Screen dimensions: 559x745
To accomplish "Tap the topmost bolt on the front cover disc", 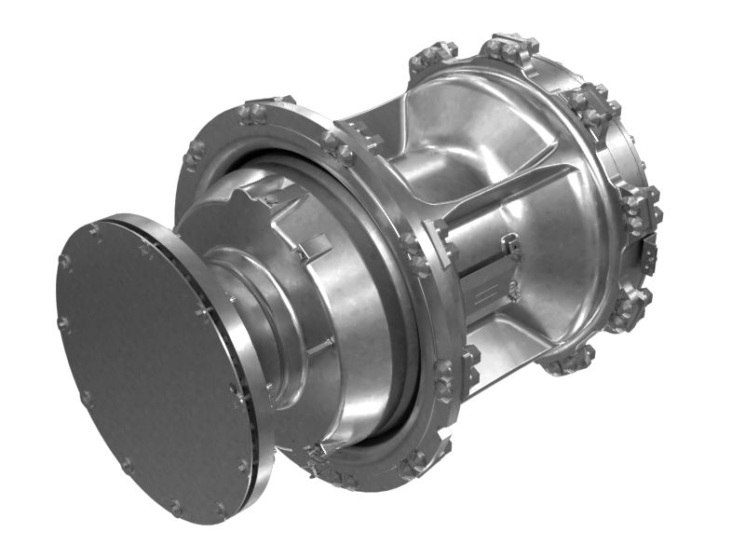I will point(96,228).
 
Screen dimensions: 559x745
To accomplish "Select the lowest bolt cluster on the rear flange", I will point(567,359).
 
